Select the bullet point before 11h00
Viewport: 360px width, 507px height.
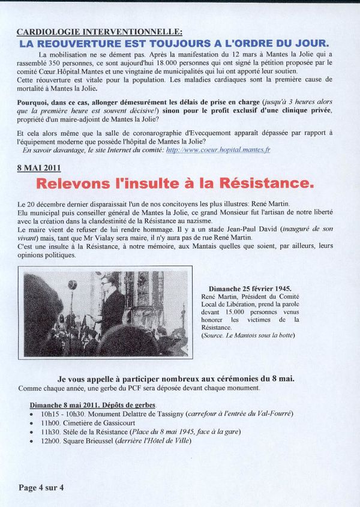pyautogui.click(x=31, y=423)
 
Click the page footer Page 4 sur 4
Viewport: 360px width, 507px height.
pyautogui.click(x=41, y=487)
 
